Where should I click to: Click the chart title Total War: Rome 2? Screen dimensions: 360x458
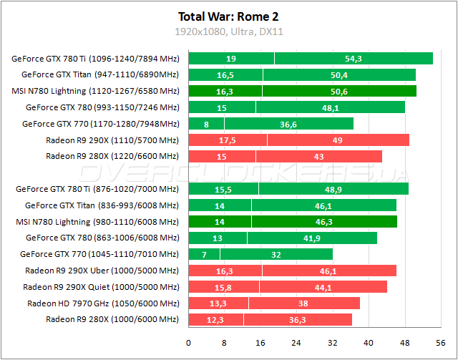tap(228, 15)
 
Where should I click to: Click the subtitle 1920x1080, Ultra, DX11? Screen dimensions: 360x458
tap(228, 32)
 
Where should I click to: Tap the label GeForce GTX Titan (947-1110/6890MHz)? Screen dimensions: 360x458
tap(100, 74)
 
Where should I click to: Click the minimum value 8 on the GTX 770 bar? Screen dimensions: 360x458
tap(206, 124)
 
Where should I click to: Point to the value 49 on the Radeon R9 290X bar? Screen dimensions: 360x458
tap(337, 140)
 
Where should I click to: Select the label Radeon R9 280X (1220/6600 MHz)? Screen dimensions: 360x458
tap(112, 156)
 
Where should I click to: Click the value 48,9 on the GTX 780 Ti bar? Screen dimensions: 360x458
tap(333, 189)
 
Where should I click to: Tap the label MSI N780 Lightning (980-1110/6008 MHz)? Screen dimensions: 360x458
tap(96, 222)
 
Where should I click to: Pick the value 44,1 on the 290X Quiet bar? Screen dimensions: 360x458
tap(323, 287)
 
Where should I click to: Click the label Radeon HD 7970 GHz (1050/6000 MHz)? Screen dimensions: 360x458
tap(103, 303)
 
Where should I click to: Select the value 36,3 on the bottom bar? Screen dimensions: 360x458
tap(297, 319)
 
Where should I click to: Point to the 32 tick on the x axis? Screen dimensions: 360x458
tap(332, 343)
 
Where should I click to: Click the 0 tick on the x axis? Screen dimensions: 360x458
tap(188, 343)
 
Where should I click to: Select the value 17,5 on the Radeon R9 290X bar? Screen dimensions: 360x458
tap(227, 140)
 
